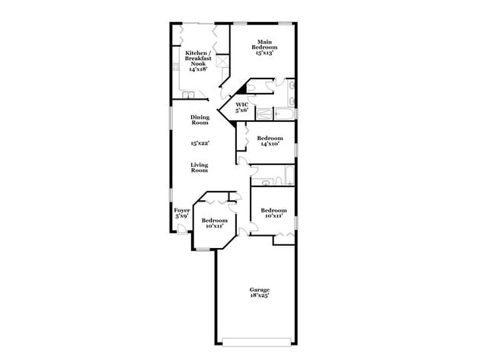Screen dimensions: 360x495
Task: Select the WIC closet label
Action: (241, 104)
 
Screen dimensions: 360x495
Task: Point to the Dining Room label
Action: (200, 119)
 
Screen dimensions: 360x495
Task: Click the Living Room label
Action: (200, 167)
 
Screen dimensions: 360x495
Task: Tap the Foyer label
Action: (181, 210)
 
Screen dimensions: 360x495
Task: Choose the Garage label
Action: (260, 289)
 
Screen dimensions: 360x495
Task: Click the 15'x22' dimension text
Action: (200, 143)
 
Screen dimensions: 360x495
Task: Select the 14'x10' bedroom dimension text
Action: (270, 144)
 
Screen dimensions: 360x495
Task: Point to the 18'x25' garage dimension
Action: (260, 296)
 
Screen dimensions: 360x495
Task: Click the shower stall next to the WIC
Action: (263, 115)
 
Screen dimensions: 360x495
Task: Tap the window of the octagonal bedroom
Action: (203, 248)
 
